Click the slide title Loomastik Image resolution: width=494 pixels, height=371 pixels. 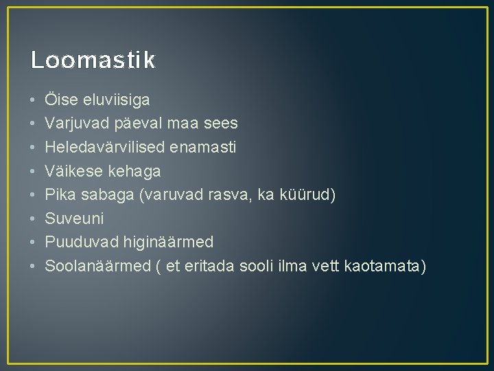(x=93, y=60)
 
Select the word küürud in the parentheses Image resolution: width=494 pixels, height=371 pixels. (x=311, y=194)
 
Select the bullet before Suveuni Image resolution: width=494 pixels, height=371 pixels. (x=33, y=218)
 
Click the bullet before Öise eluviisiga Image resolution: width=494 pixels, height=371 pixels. (x=33, y=100)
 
